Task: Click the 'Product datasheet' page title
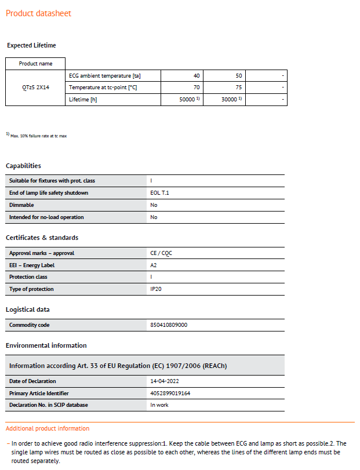[x=39, y=13]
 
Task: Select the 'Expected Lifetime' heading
[x=31, y=45]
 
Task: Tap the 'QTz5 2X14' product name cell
[x=35, y=88]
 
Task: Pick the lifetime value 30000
[x=230, y=100]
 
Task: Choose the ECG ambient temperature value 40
[x=196, y=76]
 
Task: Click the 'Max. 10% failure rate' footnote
[x=38, y=135]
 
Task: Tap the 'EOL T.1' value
[x=159, y=193]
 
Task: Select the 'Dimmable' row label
[x=21, y=205]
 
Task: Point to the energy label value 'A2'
[x=154, y=265]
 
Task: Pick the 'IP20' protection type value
[x=156, y=289]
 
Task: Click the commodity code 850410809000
[x=169, y=325]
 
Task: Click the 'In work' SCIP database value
[x=159, y=405]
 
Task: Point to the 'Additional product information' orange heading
[x=48, y=428]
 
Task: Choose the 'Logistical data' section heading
[x=28, y=309]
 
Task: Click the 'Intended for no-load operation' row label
[x=46, y=217]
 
